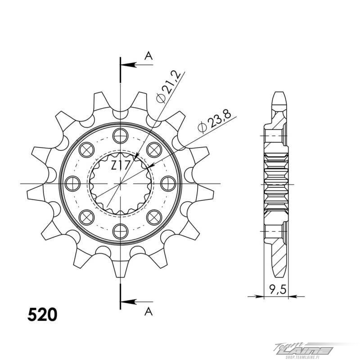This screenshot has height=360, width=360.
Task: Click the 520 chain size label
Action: (x=42, y=315)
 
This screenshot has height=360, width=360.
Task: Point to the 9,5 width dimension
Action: (x=278, y=290)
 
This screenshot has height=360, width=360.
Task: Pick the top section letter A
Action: (x=148, y=56)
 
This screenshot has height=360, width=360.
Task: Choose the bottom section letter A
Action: (x=148, y=311)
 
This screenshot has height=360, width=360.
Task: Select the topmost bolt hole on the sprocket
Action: (x=120, y=136)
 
